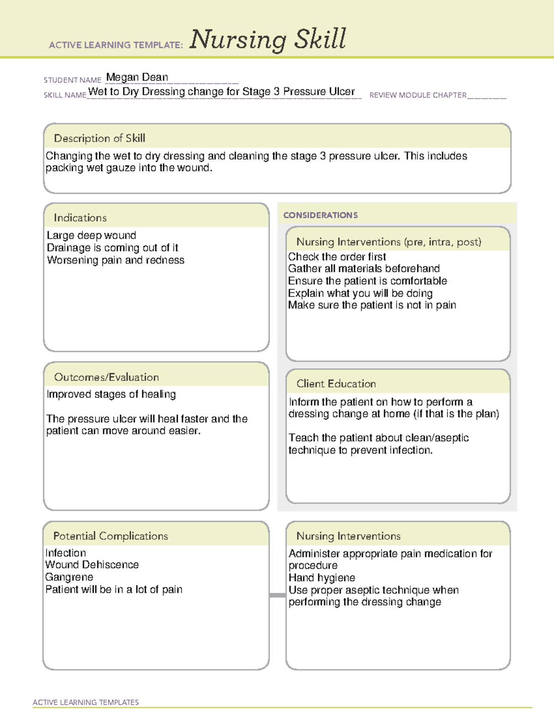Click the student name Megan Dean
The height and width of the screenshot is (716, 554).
[137, 77]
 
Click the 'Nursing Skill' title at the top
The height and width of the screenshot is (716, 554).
[267, 39]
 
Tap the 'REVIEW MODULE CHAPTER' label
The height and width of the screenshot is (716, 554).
[418, 95]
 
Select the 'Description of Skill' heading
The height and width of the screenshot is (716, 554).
[99, 138]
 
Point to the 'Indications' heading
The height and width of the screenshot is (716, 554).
[80, 218]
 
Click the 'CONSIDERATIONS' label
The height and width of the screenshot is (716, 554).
[320, 215]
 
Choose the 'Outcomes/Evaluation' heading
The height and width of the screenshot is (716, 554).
[106, 377]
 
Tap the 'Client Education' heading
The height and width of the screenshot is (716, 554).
[336, 384]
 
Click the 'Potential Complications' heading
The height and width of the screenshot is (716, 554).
[110, 536]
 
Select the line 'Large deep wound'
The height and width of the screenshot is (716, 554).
[91, 236]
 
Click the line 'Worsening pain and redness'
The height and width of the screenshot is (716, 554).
[115, 260]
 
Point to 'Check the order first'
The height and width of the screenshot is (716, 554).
[337, 257]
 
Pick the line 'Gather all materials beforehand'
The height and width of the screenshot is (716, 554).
[364, 269]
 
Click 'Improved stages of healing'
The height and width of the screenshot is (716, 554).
[111, 395]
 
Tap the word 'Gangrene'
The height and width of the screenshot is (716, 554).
[69, 577]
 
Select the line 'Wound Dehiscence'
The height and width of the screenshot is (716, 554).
[92, 565]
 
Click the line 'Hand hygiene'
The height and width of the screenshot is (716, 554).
[322, 578]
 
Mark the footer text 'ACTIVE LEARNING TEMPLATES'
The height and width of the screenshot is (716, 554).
[86, 702]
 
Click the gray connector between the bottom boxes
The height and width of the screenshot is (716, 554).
[277, 595]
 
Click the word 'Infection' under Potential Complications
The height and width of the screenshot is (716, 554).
[66, 553]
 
